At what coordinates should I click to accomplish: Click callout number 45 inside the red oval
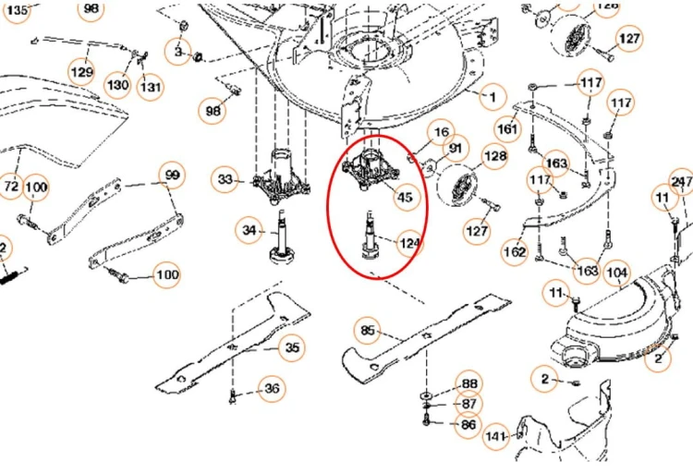(x=405, y=197)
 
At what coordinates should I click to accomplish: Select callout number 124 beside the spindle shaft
(x=410, y=244)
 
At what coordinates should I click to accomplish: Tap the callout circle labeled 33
(x=225, y=179)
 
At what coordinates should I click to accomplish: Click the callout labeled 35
(x=293, y=347)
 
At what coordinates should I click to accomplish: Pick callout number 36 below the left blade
(x=271, y=389)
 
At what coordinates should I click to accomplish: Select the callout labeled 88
(x=469, y=384)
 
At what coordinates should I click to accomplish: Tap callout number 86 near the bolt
(x=469, y=425)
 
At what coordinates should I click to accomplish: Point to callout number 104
(x=617, y=273)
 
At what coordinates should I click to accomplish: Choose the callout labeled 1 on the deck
(x=492, y=96)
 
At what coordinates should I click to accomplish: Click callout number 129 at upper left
(x=82, y=72)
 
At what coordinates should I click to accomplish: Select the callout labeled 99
(x=173, y=176)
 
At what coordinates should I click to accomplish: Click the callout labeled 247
(x=682, y=181)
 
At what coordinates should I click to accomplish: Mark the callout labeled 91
(x=456, y=149)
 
